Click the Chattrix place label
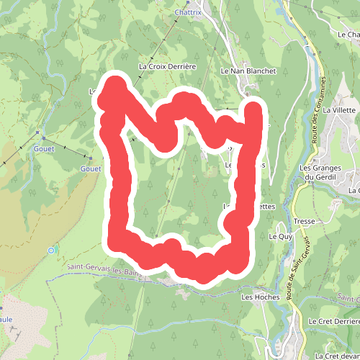point(188,12)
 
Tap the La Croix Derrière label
point(167,66)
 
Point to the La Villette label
point(340,110)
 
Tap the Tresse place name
point(303,221)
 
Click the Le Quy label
point(280,236)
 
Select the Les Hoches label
point(256,297)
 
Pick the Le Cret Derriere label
point(333,320)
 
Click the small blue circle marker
point(51,250)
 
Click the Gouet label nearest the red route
point(91,168)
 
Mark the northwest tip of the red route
point(113,85)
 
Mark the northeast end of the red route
point(254,109)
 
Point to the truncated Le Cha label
point(348,34)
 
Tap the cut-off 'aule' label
point(6,318)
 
